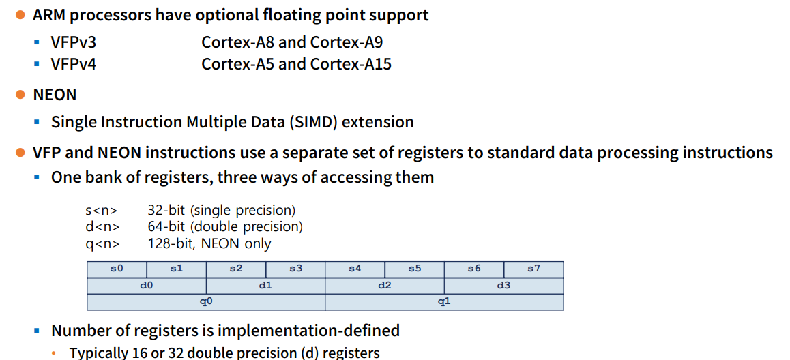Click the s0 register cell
coord(117,269)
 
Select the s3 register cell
coord(295,269)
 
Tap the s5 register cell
coord(415,269)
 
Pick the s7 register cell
coord(533,269)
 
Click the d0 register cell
coord(146,286)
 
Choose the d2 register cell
coord(385,286)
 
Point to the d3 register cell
coord(503,286)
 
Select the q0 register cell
coord(206,302)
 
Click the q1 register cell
coord(444,302)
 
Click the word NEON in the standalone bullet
coord(55,95)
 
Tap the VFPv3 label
coord(74,42)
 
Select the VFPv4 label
coord(74,65)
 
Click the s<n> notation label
coord(102,211)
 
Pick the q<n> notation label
coord(102,243)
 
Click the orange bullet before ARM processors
coord(20,15)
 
